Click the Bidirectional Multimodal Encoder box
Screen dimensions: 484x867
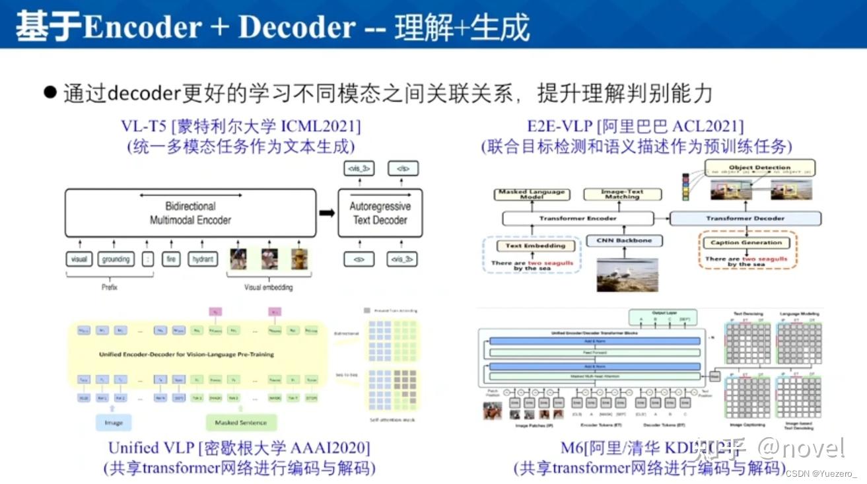190,213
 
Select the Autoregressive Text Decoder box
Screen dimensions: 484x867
380,213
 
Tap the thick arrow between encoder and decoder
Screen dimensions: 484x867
326,213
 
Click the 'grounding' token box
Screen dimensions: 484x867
116,259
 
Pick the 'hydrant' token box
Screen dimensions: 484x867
202,259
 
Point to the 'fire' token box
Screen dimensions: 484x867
171,259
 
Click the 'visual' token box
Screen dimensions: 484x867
79,259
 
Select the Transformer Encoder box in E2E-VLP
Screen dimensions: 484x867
578,219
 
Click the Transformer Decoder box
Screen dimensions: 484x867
745,219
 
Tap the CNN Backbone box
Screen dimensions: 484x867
624,241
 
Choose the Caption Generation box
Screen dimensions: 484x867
746,243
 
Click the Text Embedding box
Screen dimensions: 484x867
536,246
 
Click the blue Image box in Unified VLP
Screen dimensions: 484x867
114,423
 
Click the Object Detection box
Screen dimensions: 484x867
759,168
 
